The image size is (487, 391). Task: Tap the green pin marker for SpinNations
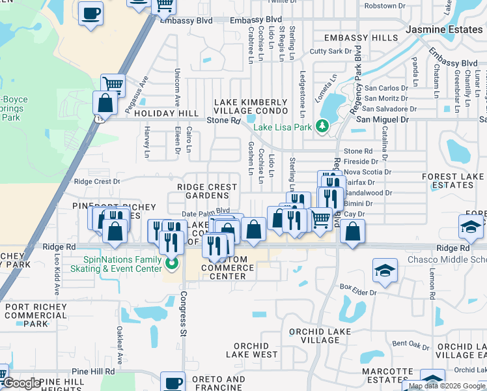(x=172, y=264)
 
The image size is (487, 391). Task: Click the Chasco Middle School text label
(x=447, y=260)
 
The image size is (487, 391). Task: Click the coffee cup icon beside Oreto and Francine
(x=173, y=383)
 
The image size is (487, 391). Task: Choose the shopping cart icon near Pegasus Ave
(x=113, y=84)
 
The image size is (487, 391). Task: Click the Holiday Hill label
(x=166, y=113)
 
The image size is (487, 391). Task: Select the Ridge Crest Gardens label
(x=208, y=192)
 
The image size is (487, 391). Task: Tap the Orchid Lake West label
(x=251, y=350)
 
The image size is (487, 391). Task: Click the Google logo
(x=21, y=383)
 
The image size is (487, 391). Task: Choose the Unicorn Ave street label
(x=176, y=87)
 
